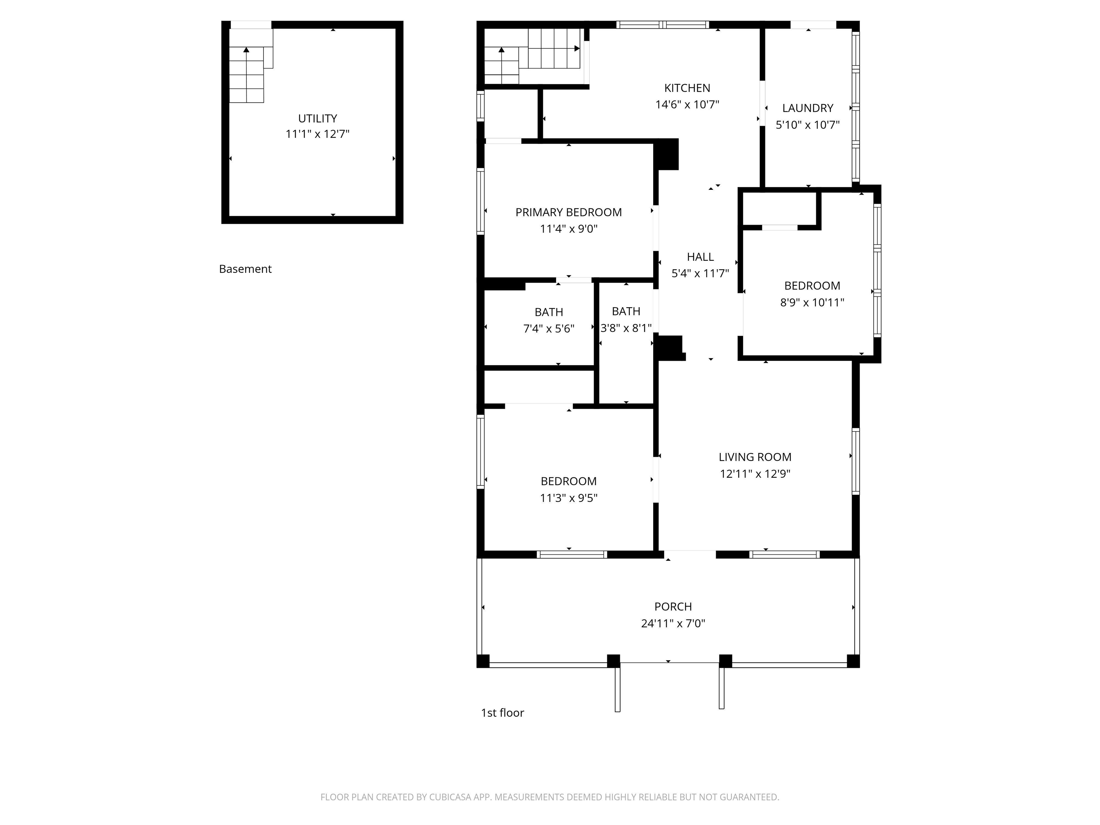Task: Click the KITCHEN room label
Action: tap(687, 88)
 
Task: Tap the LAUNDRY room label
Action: tap(807, 108)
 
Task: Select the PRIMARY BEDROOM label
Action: tap(568, 212)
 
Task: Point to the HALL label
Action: tap(700, 257)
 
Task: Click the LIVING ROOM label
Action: tap(755, 457)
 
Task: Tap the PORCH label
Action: tap(673, 607)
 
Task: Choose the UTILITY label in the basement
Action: tap(317, 119)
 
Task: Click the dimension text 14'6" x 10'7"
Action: tap(687, 105)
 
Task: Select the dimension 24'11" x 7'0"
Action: tap(673, 623)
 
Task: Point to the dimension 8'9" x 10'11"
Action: tap(812, 302)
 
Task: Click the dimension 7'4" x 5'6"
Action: tap(549, 329)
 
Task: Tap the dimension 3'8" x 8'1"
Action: tap(626, 328)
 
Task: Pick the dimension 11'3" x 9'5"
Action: tap(568, 498)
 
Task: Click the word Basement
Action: tap(245, 269)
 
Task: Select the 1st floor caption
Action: tap(502, 713)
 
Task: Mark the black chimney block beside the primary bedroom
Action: tap(666, 154)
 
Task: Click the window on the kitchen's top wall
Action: tap(663, 24)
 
